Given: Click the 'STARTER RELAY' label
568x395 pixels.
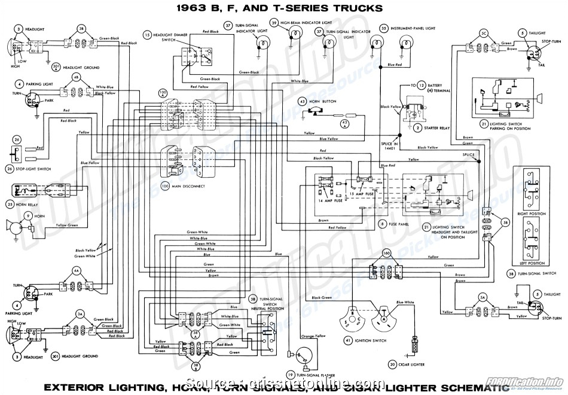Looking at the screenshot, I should pos(438,128).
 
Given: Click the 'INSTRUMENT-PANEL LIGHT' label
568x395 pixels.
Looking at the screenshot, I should pos(419,28).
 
